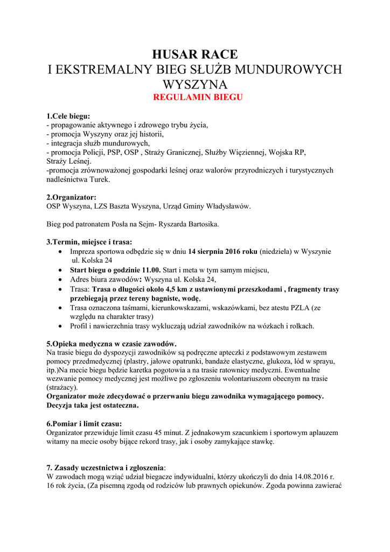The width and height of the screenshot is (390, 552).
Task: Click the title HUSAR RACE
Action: click(194, 54)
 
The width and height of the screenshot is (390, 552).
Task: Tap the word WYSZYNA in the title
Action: click(196, 85)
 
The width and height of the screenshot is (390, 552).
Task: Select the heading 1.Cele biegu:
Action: click(68, 116)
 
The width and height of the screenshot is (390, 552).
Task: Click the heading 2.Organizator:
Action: click(72, 197)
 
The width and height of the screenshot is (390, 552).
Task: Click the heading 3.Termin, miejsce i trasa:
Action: click(89, 242)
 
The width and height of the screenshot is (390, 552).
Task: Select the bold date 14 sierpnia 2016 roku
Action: click(222, 251)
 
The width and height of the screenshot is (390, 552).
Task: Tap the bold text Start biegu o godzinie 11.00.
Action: click(115, 270)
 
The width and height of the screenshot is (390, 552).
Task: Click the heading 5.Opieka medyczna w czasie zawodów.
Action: click(112, 343)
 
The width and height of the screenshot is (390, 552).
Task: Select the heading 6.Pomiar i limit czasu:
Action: click(84, 423)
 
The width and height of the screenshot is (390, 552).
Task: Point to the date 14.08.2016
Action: click(312, 477)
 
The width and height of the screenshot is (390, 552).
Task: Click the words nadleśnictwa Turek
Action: click(79, 179)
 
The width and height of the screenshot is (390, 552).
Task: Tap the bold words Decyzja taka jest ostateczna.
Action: click(93, 405)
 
